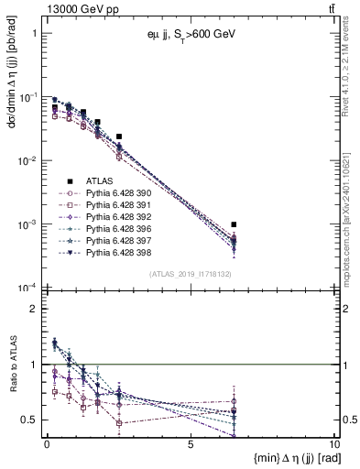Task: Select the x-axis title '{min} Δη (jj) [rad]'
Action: pyautogui.click(x=275, y=457)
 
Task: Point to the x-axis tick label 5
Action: pyautogui.click(x=190, y=444)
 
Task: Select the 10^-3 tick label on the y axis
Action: pyautogui.click(x=27, y=225)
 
